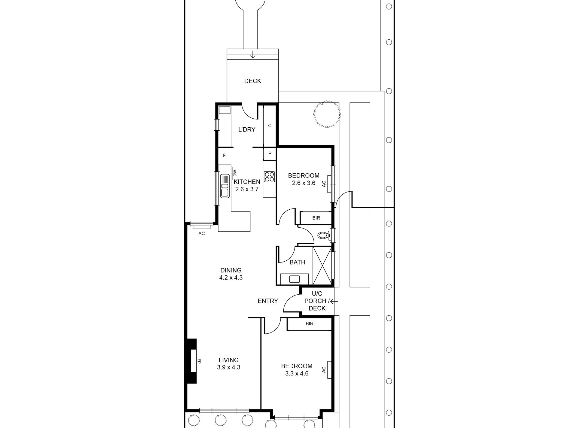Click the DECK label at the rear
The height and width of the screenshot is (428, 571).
click(252, 81)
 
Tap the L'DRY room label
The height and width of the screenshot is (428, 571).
click(247, 130)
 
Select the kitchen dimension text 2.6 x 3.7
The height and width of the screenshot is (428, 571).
click(247, 190)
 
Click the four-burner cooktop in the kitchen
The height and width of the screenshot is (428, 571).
click(269, 177)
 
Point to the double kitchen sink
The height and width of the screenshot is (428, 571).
click(224, 186)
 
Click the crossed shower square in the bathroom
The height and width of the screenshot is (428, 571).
click(322, 266)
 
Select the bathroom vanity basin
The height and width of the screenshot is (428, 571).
click(295, 279)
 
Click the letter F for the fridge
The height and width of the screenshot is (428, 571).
click(224, 156)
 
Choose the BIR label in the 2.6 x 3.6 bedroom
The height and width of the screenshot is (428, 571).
click(316, 218)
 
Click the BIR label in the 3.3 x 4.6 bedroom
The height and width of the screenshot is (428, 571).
click(310, 324)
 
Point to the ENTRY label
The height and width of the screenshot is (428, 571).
click(268, 301)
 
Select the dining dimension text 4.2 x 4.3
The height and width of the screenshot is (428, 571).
click(231, 278)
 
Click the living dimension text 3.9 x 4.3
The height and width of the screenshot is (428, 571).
click(229, 367)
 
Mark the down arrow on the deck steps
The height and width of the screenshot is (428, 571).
click(253, 55)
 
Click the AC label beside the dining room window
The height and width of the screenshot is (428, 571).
click(201, 234)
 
